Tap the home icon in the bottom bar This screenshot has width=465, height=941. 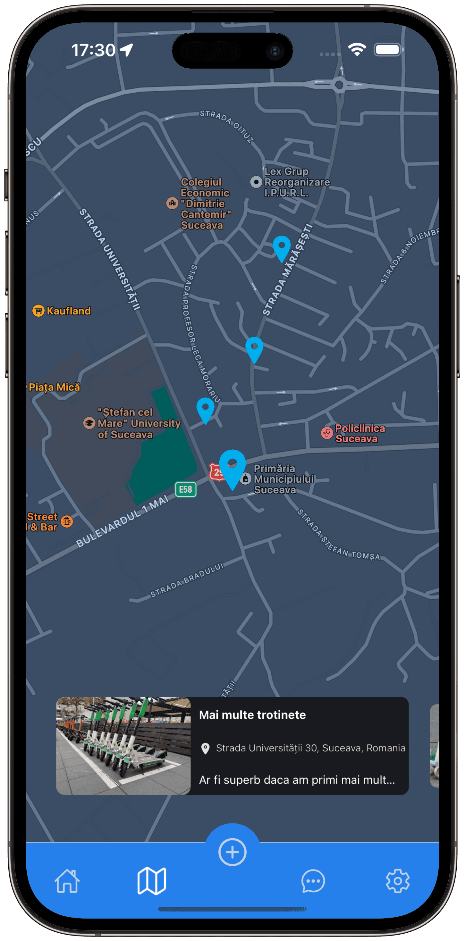click(67, 881)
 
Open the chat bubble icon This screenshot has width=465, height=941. click(313, 881)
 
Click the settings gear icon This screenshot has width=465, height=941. click(398, 881)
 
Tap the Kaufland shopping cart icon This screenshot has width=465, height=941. click(38, 311)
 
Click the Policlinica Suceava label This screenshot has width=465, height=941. click(360, 433)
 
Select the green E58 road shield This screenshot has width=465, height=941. click(186, 489)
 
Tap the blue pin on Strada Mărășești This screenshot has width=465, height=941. click(282, 247)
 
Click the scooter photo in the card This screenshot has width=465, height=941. click(123, 745)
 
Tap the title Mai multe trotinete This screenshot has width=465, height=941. click(252, 715)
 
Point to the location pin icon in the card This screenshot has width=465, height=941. click(206, 748)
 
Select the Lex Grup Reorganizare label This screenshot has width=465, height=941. click(297, 182)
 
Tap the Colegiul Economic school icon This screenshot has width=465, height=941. click(172, 203)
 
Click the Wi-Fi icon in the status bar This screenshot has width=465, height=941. click(357, 50)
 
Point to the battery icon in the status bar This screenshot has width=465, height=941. click(388, 50)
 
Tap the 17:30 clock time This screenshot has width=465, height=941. click(94, 50)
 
